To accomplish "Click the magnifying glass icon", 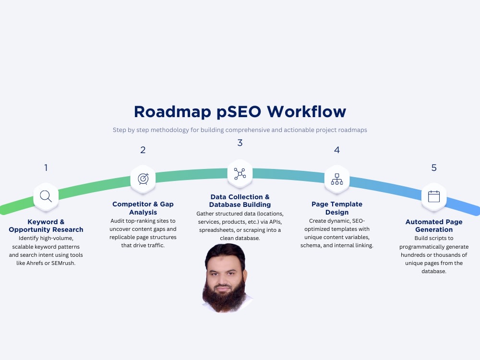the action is (46, 196).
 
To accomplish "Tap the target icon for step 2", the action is (143, 179).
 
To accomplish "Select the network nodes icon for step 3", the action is (240, 174).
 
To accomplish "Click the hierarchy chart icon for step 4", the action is (337, 179).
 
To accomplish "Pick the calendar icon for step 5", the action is (434, 196).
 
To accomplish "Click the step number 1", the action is (46, 168).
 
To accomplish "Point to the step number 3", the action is (240, 143).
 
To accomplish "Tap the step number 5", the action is (434, 168).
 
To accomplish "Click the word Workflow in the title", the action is (306, 112).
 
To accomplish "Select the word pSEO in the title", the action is (239, 112).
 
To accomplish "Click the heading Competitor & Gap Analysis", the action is (143, 208).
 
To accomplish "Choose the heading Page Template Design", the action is (337, 208).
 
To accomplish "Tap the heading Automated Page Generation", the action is (434, 226).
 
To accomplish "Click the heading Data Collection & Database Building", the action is (240, 201).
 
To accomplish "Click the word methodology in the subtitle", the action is (169, 130).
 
